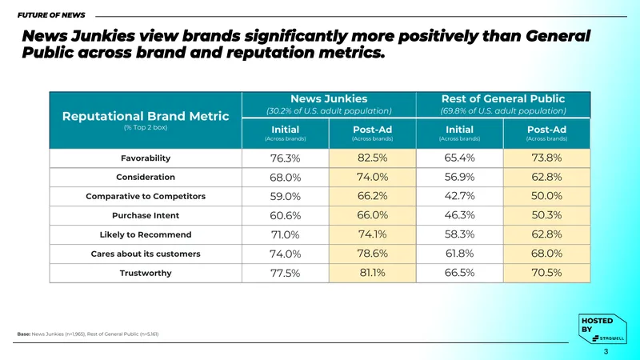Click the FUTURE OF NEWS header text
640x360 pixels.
point(51,15)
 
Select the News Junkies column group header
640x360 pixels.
point(329,98)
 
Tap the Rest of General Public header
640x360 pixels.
point(503,98)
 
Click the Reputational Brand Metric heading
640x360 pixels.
point(146,116)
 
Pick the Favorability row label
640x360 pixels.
point(146,158)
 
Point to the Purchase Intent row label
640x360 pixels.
point(146,215)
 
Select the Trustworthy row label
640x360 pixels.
point(146,273)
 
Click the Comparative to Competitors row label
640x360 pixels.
point(146,196)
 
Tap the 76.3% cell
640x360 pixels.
point(285,158)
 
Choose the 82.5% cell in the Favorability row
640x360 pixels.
point(372,158)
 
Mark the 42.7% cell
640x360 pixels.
point(459,196)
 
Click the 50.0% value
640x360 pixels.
point(546,196)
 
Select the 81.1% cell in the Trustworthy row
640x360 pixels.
point(372,273)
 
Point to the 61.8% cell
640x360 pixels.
point(459,254)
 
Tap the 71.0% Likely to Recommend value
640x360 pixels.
point(285,234)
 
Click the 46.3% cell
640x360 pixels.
point(459,215)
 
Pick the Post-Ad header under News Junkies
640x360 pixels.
point(372,130)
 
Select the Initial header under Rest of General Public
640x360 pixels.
point(459,130)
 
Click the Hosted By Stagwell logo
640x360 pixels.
point(602,329)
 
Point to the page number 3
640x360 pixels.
point(606,351)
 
